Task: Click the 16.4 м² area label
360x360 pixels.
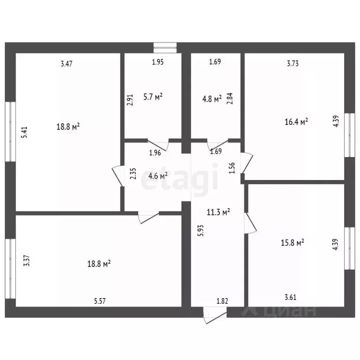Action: click(x=296, y=121)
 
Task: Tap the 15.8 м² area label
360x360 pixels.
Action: click(x=292, y=242)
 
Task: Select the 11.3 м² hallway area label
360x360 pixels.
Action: click(x=218, y=212)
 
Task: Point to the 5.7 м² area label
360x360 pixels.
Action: click(x=153, y=97)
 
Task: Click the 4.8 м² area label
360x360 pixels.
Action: click(x=212, y=99)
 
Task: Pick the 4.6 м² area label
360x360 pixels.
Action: click(x=158, y=176)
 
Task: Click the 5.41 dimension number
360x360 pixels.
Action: click(x=24, y=132)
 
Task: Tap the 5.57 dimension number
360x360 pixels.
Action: click(x=100, y=301)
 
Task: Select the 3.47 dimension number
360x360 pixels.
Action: click(x=67, y=64)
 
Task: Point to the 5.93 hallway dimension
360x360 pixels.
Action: click(x=201, y=231)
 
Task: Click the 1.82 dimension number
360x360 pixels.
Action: click(x=222, y=301)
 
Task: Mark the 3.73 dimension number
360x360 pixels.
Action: click(x=292, y=63)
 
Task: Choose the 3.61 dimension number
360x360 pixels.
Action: click(x=291, y=297)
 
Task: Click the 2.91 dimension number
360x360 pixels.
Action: click(x=130, y=100)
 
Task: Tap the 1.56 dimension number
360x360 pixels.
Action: click(x=232, y=168)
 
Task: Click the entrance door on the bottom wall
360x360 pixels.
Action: click(x=215, y=315)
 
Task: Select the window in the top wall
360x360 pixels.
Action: click(x=165, y=48)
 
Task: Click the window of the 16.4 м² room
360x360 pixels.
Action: click(x=350, y=135)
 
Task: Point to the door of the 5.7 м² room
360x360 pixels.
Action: click(x=158, y=144)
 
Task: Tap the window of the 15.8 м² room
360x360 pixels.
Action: click(x=350, y=248)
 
